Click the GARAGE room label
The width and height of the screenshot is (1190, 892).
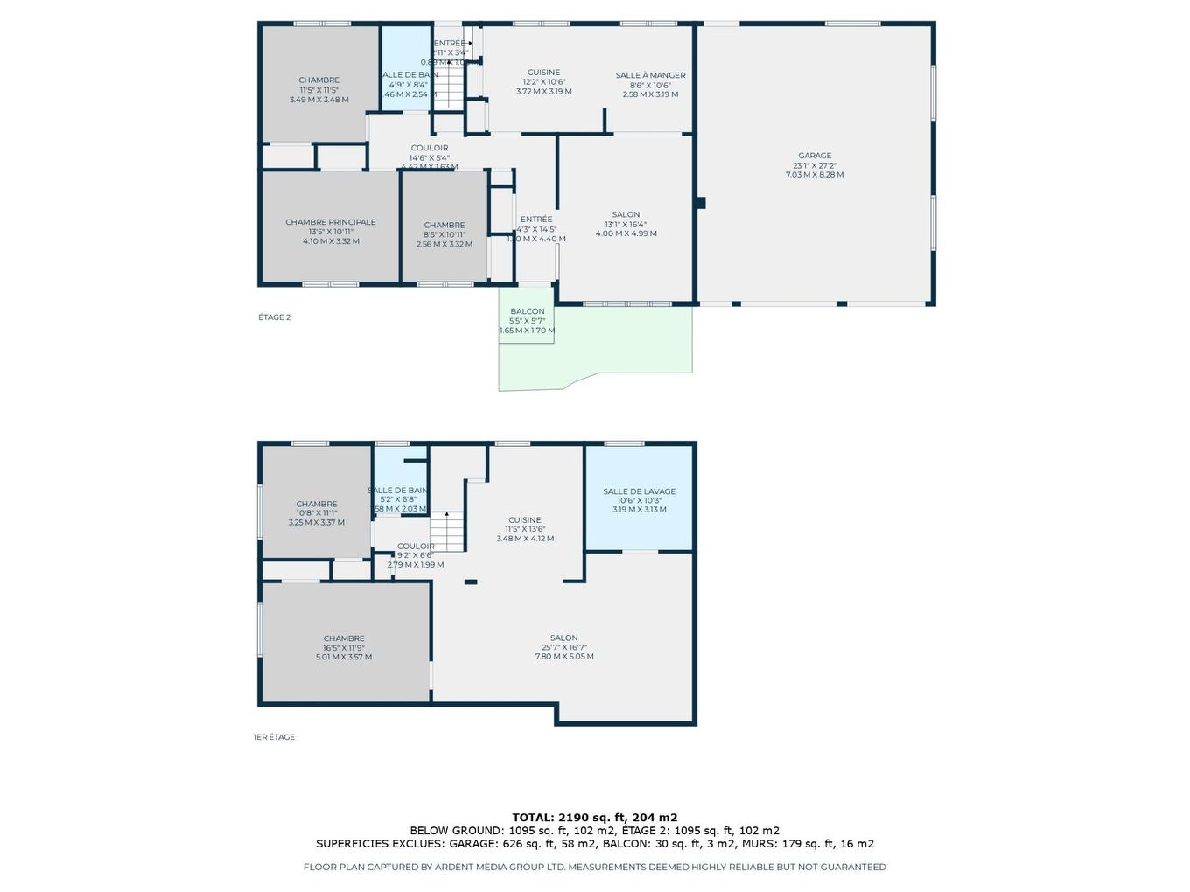pyautogui.click(x=815, y=156)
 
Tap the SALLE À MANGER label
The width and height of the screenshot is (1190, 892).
pyautogui.click(x=650, y=75)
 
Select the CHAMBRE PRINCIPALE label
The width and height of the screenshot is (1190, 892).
pyautogui.click(x=330, y=222)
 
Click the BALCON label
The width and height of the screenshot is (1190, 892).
pyautogui.click(x=527, y=311)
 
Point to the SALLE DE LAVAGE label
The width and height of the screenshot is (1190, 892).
pyautogui.click(x=639, y=491)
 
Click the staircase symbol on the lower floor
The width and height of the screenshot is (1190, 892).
pyautogui.click(x=446, y=531)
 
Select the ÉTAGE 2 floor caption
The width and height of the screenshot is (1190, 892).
pyautogui.click(x=274, y=317)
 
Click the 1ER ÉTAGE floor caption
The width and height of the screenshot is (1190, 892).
pyautogui.click(x=274, y=737)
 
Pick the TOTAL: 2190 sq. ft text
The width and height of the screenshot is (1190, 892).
pyautogui.click(x=594, y=818)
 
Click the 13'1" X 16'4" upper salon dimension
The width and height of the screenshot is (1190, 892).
pyautogui.click(x=626, y=224)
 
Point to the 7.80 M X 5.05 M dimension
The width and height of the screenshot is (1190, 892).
pyautogui.click(x=564, y=656)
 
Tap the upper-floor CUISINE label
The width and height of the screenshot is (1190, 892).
pyautogui.click(x=543, y=73)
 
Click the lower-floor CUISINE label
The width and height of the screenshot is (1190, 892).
pyautogui.click(x=525, y=520)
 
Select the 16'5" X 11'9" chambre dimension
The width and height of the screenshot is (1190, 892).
pyautogui.click(x=344, y=648)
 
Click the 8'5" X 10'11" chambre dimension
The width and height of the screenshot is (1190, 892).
pyautogui.click(x=444, y=234)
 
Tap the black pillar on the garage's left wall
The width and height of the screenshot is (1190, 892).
pyautogui.click(x=700, y=203)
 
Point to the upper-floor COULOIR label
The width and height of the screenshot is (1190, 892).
pyautogui.click(x=430, y=148)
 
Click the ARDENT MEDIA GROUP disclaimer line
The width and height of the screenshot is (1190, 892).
pyautogui.click(x=594, y=867)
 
